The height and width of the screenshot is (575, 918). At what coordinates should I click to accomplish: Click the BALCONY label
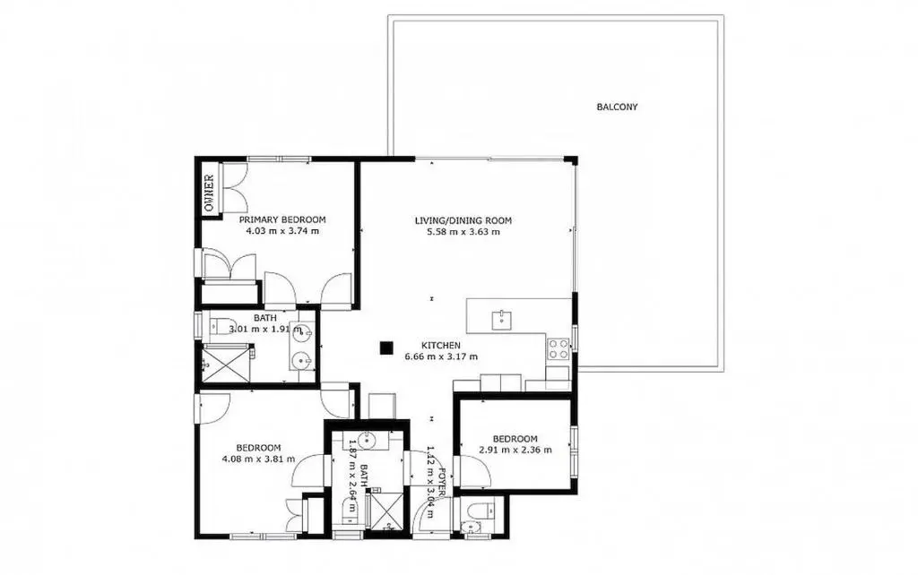[x=617, y=107]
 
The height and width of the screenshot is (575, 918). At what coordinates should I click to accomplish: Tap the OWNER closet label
[x=208, y=193]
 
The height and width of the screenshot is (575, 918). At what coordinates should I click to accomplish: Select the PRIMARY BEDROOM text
[x=282, y=220]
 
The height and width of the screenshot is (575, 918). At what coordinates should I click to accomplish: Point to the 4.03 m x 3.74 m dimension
[x=282, y=230]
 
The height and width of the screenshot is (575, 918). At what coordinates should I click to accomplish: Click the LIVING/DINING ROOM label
[x=463, y=220]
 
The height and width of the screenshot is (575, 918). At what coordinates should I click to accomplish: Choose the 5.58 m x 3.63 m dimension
[x=463, y=232]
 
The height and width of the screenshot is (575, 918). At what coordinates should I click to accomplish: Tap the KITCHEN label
[x=441, y=346]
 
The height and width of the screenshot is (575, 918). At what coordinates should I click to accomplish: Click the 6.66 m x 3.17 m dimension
[x=441, y=356]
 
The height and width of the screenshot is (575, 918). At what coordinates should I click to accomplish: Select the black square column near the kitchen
[x=385, y=348]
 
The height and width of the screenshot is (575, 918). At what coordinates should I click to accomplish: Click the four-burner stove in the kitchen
[x=558, y=349]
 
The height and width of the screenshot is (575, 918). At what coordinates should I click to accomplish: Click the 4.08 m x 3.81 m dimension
[x=258, y=459]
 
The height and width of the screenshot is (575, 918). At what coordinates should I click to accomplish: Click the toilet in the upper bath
[x=221, y=326]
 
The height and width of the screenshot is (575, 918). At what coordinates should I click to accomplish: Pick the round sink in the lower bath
[x=367, y=440]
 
